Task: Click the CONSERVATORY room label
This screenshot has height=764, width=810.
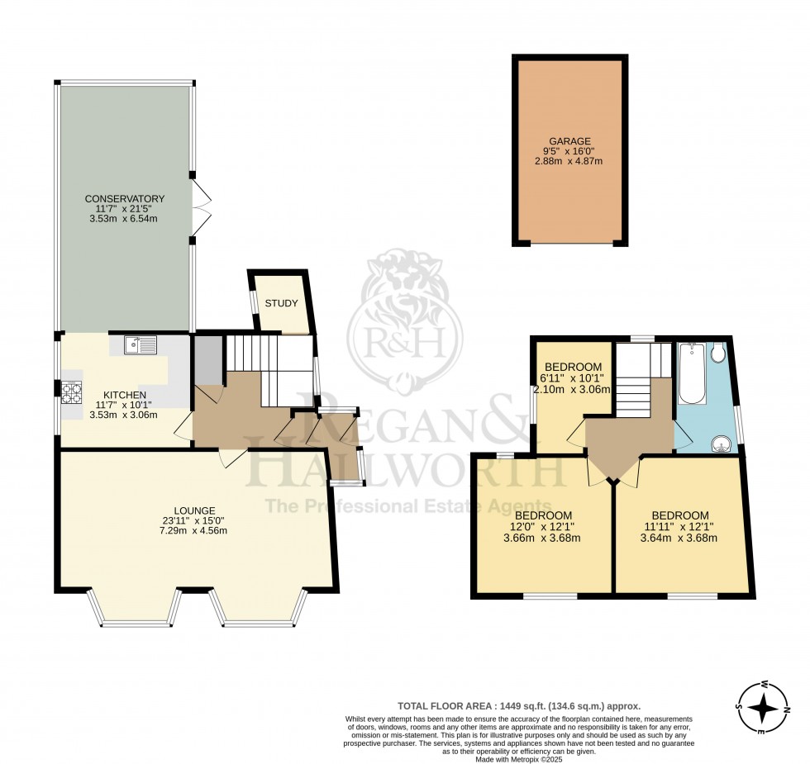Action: [125, 199]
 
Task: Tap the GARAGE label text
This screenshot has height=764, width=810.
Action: [570, 141]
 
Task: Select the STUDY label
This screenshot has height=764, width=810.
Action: [281, 303]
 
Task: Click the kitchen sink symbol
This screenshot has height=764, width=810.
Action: [141, 345]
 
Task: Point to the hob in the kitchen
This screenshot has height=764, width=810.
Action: [69, 391]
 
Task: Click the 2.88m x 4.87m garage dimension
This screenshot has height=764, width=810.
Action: [570, 160]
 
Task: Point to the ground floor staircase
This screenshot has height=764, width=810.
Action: [256, 368]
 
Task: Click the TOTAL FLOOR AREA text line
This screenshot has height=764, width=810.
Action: [519, 706]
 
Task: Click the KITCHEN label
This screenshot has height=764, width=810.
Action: [125, 395]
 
